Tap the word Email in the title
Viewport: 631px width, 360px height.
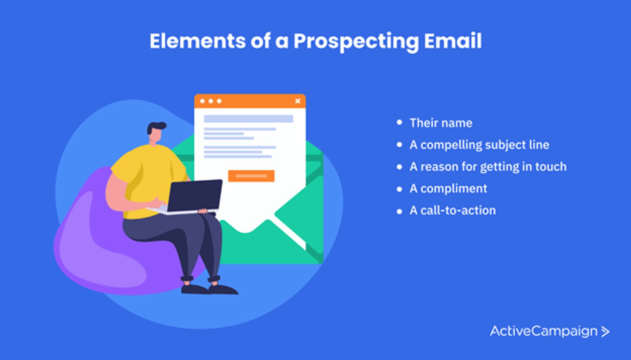[453, 41]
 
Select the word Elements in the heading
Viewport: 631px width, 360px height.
[198, 41]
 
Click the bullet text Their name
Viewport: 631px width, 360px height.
[441, 123]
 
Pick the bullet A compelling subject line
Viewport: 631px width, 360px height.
[480, 145]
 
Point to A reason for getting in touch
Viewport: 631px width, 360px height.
[488, 167]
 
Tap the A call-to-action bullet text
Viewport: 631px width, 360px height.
[453, 211]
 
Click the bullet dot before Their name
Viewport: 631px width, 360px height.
[399, 123]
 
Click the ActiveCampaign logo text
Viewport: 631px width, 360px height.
[543, 331]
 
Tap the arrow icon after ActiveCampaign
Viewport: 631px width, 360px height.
[605, 332]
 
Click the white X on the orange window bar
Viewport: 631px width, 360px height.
[298, 101]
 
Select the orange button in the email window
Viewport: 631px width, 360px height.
[251, 176]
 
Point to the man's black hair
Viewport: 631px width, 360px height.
[156, 127]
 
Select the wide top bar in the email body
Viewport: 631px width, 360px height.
[248, 119]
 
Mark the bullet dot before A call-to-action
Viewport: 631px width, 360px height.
[399, 211]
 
